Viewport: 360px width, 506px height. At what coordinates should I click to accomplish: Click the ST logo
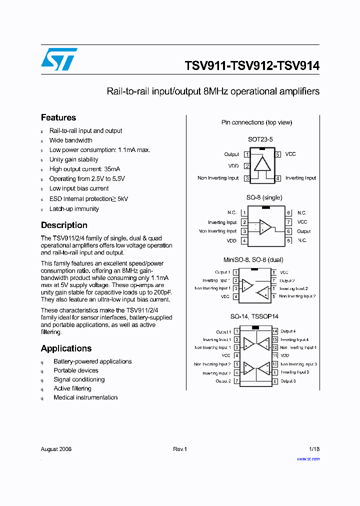pos(59,59)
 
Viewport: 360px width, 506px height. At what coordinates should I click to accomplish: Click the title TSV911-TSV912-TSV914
pos(252,66)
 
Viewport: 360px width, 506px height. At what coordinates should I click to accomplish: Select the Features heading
pos(58,117)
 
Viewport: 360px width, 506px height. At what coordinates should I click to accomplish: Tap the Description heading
pos(64,225)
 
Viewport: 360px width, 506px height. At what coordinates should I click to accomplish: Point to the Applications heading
pos(66,348)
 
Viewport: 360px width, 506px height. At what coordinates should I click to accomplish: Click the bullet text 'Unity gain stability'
pos(74,159)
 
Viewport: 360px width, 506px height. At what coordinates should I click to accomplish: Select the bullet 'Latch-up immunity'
pos(74,209)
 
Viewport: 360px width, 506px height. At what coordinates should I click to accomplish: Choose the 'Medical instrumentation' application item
pos(85,397)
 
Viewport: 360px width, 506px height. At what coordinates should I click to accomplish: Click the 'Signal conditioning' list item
pos(79,379)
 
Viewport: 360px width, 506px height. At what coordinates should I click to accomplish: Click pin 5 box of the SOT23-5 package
pos(277,154)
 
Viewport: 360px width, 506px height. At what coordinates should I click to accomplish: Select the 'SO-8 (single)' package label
pos(264,198)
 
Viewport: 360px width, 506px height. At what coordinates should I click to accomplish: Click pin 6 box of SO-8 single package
pos(288,231)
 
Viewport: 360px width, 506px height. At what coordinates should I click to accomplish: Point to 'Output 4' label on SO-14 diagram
pos(288,331)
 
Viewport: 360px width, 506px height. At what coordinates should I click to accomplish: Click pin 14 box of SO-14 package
pos(275,331)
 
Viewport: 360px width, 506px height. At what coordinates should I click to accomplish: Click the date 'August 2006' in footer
pos(56,449)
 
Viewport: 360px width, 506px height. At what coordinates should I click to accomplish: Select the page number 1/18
pos(314,449)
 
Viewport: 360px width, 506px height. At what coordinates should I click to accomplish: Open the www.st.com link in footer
pos(308,459)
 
